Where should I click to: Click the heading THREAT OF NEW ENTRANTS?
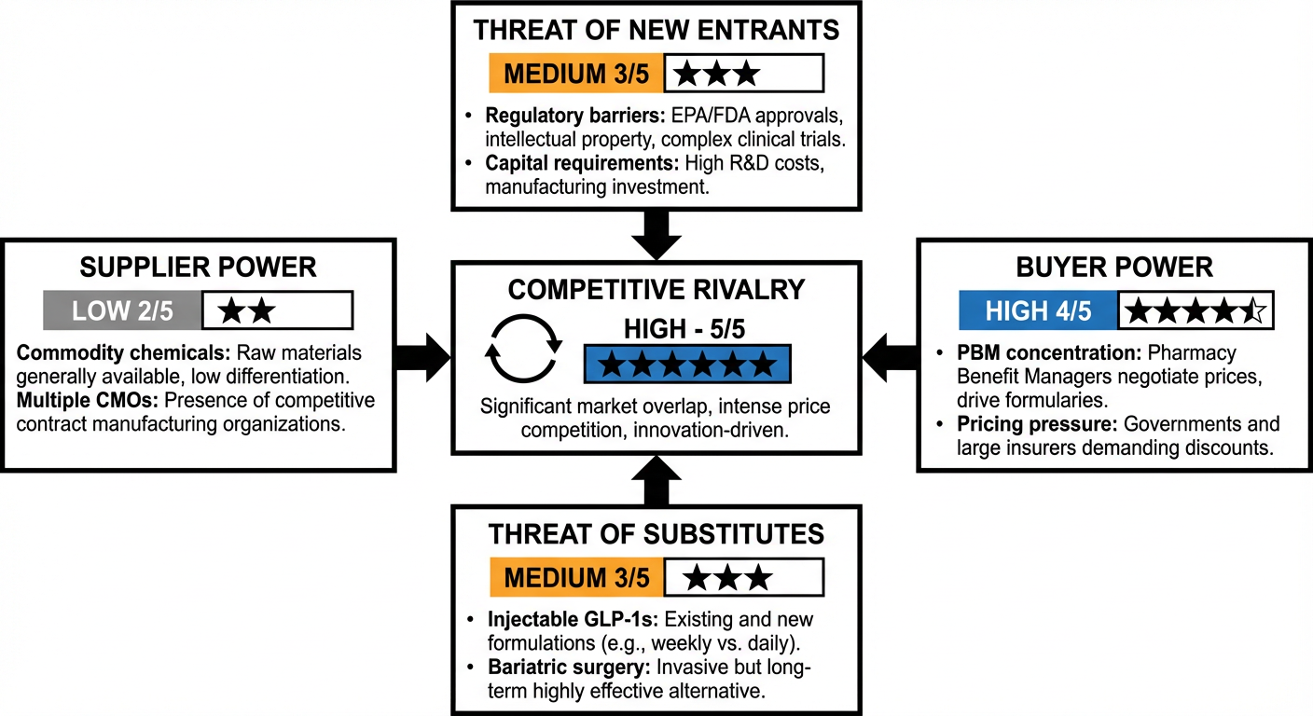pyautogui.click(x=656, y=29)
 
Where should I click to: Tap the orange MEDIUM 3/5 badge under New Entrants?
pyautogui.click(x=576, y=73)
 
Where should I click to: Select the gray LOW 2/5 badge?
pyautogui.click(x=122, y=310)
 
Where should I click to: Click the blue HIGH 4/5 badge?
pyautogui.click(x=1038, y=310)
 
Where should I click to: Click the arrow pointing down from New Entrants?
pyautogui.click(x=656, y=234)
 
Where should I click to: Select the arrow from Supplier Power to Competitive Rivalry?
pyautogui.click(x=422, y=355)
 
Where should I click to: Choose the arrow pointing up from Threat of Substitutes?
pyautogui.click(x=656, y=478)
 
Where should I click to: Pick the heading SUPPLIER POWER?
pyautogui.click(x=198, y=268)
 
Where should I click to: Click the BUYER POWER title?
pyautogui.click(x=1114, y=268)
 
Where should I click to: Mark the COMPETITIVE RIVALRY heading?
pyautogui.click(x=656, y=289)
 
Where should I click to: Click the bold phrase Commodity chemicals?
pyautogui.click(x=123, y=353)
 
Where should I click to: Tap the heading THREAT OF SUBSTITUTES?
pyautogui.click(x=656, y=534)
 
